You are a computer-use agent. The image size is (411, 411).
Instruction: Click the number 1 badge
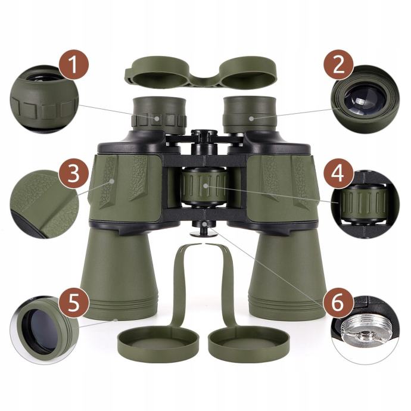[73, 64]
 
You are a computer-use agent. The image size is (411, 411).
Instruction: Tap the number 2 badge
[338, 64]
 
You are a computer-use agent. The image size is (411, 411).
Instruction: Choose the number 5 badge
[73, 303]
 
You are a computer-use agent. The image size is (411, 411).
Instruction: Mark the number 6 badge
[338, 303]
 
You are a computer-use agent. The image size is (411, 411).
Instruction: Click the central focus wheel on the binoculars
[204, 186]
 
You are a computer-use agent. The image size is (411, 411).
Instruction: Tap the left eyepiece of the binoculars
[160, 116]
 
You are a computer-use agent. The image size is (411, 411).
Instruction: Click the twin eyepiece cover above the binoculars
[201, 72]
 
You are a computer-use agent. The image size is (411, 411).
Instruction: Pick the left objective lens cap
[157, 339]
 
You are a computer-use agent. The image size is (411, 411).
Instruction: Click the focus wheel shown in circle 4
[363, 203]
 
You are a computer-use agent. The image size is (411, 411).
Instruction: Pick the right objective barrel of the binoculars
[287, 273]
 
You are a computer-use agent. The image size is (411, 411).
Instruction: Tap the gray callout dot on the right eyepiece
[251, 118]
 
